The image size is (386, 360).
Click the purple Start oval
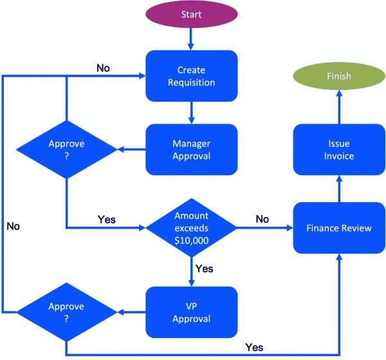191,14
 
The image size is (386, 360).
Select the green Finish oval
338,76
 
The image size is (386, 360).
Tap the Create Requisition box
191,76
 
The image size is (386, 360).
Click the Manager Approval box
191,149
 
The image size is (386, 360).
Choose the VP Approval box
191,312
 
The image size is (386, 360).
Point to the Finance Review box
338,228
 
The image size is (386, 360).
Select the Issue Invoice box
338,149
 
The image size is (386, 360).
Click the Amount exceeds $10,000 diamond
191,228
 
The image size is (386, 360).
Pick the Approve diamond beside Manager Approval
67,149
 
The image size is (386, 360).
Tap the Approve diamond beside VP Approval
67,312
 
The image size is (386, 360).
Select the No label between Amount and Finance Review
262,219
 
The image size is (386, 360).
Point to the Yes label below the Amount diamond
204,268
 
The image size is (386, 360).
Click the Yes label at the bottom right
254,347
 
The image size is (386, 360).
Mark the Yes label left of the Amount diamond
107,219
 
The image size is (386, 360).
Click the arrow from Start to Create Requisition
191,39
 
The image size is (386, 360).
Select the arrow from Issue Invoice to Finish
338,106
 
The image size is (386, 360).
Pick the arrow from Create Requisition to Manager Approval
191,113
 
